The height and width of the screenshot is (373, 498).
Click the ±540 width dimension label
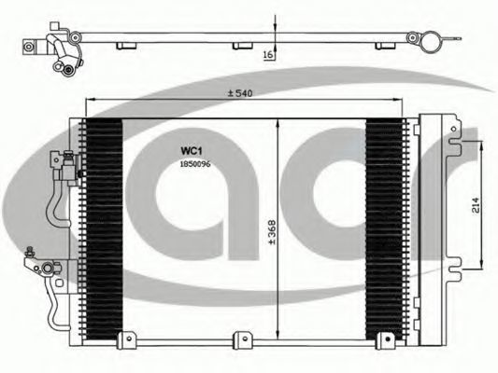coord(240,93)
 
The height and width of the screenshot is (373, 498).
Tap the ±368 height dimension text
coord(273,232)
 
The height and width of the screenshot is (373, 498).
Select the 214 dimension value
coord(476,205)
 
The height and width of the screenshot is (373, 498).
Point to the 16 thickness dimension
coord(268,54)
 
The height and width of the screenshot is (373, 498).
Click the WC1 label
coord(192,151)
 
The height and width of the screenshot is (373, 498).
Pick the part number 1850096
coord(195,164)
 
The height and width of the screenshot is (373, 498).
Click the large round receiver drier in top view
coord(431,42)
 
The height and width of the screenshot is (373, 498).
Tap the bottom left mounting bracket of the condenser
coord(127,340)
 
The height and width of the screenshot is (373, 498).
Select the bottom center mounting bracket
coord(243,340)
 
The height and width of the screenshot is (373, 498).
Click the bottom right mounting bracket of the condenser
coord(385,340)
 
